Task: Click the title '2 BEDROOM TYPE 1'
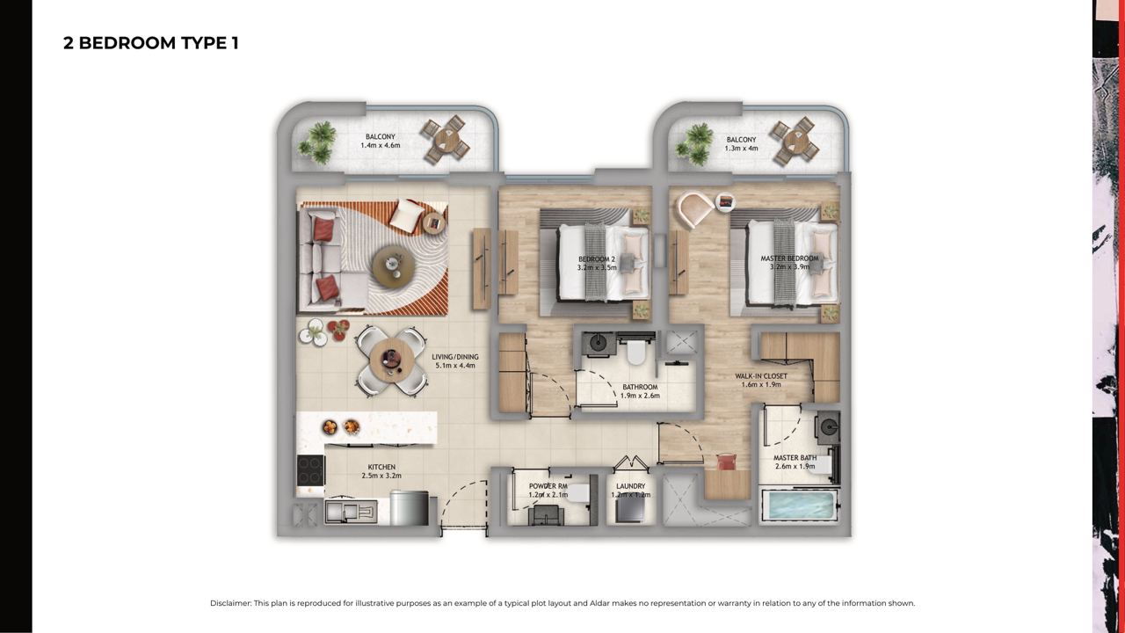[x=150, y=43]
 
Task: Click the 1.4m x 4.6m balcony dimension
[x=381, y=145]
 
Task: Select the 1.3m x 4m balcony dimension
[x=741, y=149]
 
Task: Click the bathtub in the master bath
[x=799, y=506]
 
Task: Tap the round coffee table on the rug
[x=394, y=266]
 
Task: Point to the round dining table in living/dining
[x=392, y=360]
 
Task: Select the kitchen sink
[x=351, y=512]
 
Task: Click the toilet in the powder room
[x=579, y=493]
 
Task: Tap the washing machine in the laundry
[x=630, y=511]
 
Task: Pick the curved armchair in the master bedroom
[x=694, y=209]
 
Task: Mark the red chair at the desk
[x=726, y=462]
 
